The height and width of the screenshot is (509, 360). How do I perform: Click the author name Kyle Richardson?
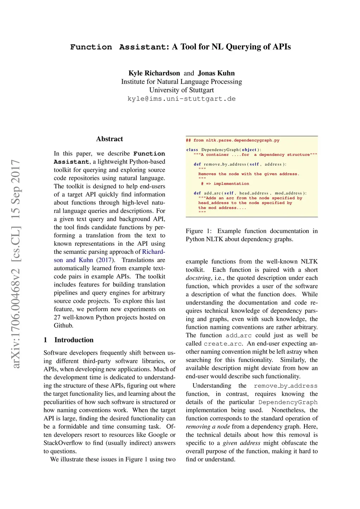154,73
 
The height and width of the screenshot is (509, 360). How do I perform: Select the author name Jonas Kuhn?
216,73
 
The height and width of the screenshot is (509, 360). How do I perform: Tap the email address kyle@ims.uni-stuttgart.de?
181,99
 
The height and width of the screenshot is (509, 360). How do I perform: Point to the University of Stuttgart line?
181,90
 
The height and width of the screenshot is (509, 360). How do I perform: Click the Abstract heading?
109,139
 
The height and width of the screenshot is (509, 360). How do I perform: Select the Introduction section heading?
74,340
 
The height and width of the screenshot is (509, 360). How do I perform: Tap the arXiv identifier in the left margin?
16,264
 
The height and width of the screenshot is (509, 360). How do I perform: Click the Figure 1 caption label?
199,231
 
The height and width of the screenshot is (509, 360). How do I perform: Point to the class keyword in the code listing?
192,150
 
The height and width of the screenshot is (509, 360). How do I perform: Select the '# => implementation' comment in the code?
225,183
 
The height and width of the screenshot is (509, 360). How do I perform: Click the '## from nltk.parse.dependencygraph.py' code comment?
233,140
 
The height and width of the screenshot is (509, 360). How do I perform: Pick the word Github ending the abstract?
63,326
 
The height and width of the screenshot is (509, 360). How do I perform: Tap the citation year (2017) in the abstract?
106,260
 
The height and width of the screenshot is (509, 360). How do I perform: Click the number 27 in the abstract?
57,317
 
